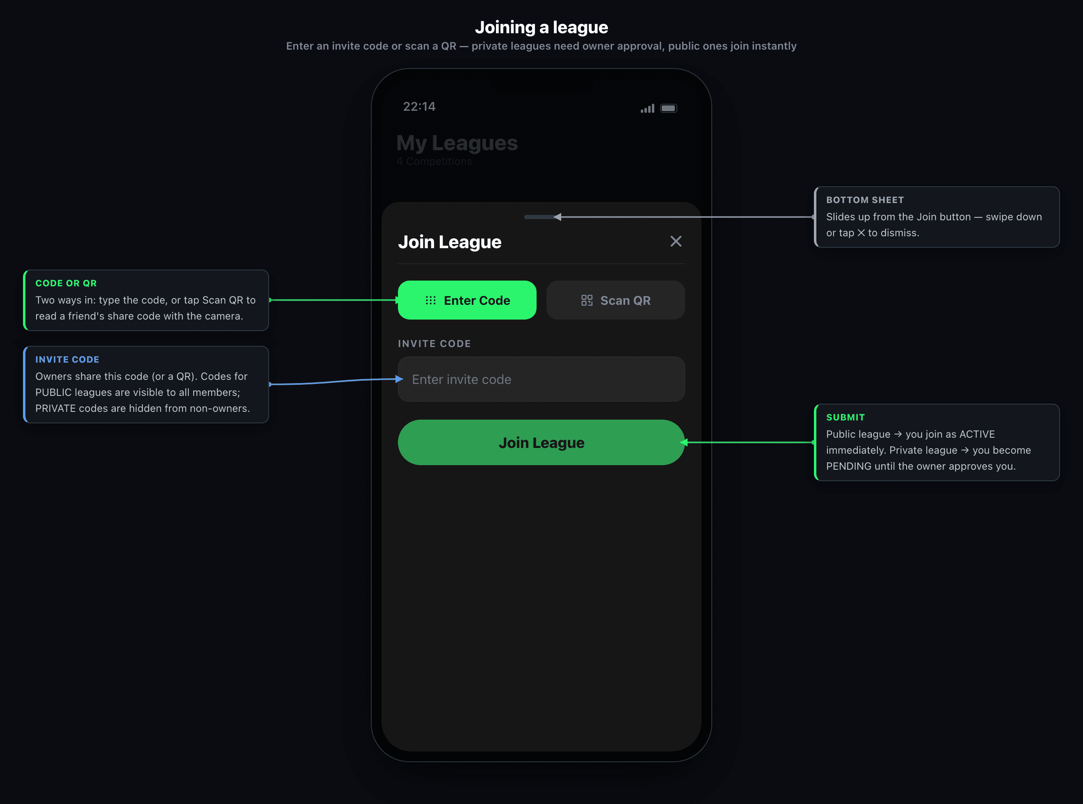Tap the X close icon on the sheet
(x=676, y=241)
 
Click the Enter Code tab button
(x=467, y=300)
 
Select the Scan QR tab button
(x=616, y=300)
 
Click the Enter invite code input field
(x=541, y=379)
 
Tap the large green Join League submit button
(x=541, y=442)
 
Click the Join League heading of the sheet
(x=450, y=242)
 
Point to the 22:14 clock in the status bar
(x=419, y=107)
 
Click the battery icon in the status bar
(x=669, y=108)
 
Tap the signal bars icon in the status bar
(x=647, y=109)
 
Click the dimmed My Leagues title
(x=457, y=143)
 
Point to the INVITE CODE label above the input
(x=434, y=344)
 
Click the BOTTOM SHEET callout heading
(x=865, y=200)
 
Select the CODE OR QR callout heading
(x=66, y=283)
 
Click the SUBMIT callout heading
(x=845, y=418)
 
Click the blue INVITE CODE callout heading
(x=67, y=360)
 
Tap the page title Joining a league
(x=541, y=27)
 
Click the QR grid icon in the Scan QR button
(x=587, y=300)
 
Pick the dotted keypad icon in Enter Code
(x=431, y=300)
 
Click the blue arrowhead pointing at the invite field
(x=399, y=379)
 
